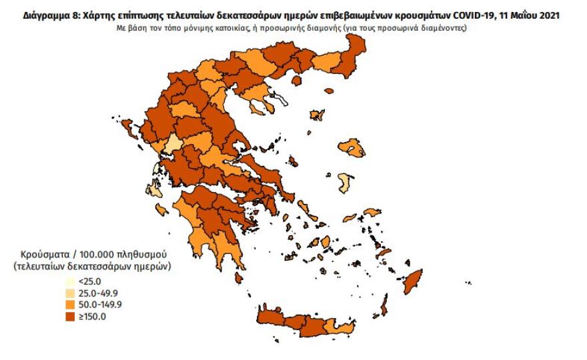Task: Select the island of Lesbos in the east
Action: (x=352, y=147)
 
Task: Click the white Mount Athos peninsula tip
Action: (x=283, y=101)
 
